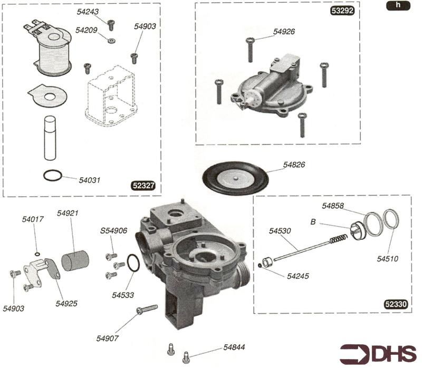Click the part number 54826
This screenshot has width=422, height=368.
coord(294,165)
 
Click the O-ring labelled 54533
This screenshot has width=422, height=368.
coord(133,262)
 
